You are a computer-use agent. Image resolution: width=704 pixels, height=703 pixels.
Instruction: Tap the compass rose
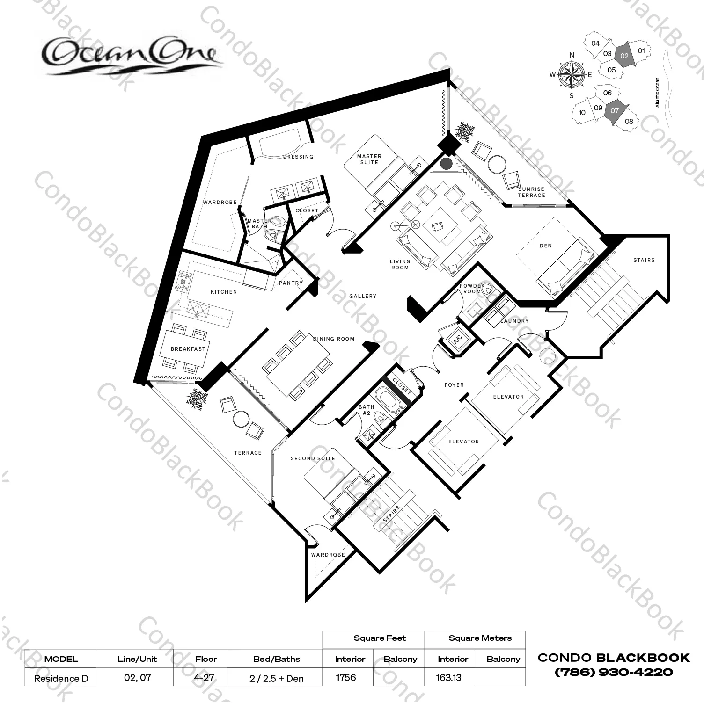pos(572,75)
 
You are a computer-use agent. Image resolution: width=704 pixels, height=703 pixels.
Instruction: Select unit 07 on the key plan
pos(615,111)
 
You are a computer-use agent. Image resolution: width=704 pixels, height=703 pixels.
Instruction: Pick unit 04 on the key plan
pos(595,43)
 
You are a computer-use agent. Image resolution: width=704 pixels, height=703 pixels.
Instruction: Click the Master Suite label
pos(369,159)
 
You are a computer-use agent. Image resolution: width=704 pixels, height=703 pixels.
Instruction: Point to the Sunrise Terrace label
pos(531,192)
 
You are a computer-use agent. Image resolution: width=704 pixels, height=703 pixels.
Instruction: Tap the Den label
pos(546,246)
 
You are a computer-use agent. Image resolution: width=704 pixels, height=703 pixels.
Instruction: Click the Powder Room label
pos(472,289)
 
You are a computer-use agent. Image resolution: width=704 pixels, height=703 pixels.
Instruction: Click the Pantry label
pos(291,283)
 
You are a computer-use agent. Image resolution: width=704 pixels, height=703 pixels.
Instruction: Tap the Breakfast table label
pos(188,349)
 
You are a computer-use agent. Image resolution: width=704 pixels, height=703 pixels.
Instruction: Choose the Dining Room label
pos(334,339)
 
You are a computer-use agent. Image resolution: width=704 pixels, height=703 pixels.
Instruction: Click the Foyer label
pos(454,385)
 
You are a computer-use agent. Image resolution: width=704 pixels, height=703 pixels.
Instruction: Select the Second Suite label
pos(313,458)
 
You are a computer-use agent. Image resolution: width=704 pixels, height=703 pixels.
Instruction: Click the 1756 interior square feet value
pos(346,677)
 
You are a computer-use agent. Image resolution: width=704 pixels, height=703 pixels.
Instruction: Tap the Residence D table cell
pos(61,678)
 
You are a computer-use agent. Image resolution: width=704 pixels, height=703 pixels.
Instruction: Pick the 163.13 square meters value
pos(448,677)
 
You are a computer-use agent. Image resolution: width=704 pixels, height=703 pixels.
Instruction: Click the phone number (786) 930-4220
pos(614,672)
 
